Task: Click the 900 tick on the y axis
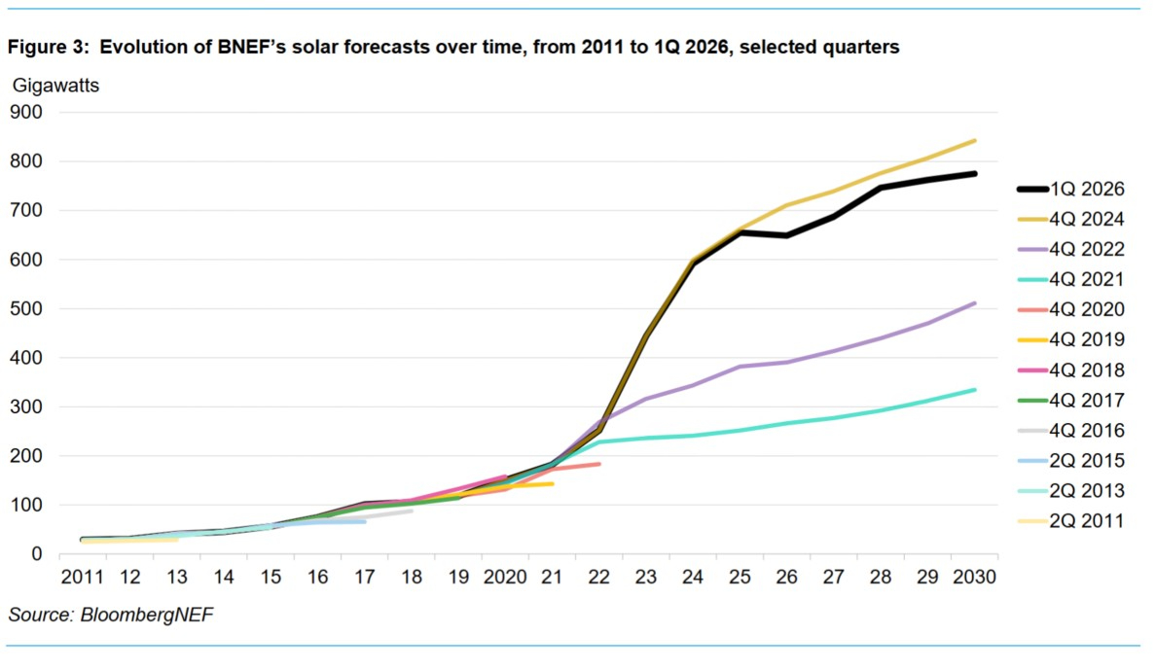26,112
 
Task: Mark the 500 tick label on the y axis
26,308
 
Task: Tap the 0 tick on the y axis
37,554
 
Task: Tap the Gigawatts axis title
55,85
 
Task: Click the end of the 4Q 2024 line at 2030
975,141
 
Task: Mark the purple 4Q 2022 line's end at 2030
975,303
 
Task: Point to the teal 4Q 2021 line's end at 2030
975,390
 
